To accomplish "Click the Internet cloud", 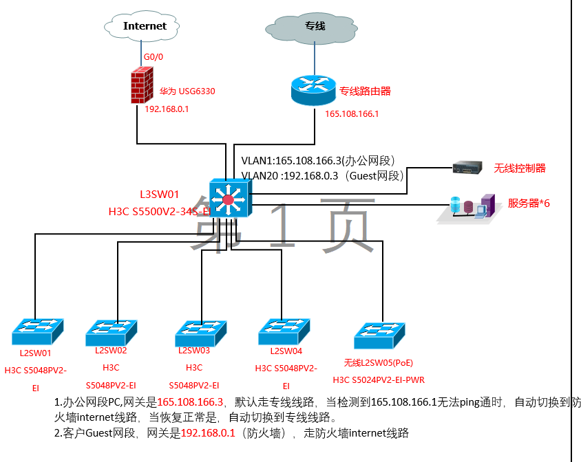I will (145, 27).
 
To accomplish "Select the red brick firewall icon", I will (142, 85).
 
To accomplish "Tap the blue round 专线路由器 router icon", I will (313, 89).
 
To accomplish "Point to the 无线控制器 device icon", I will (468, 168).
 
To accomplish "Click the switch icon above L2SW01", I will (37, 331).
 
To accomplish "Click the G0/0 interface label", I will (154, 57).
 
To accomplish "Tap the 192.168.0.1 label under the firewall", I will (167, 109).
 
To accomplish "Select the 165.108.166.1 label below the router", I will (352, 113).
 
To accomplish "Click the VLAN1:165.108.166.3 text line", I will (317, 161).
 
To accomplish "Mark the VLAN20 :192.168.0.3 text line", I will (321, 175).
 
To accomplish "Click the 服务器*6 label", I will (529, 203).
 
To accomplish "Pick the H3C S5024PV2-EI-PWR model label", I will (379, 379).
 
